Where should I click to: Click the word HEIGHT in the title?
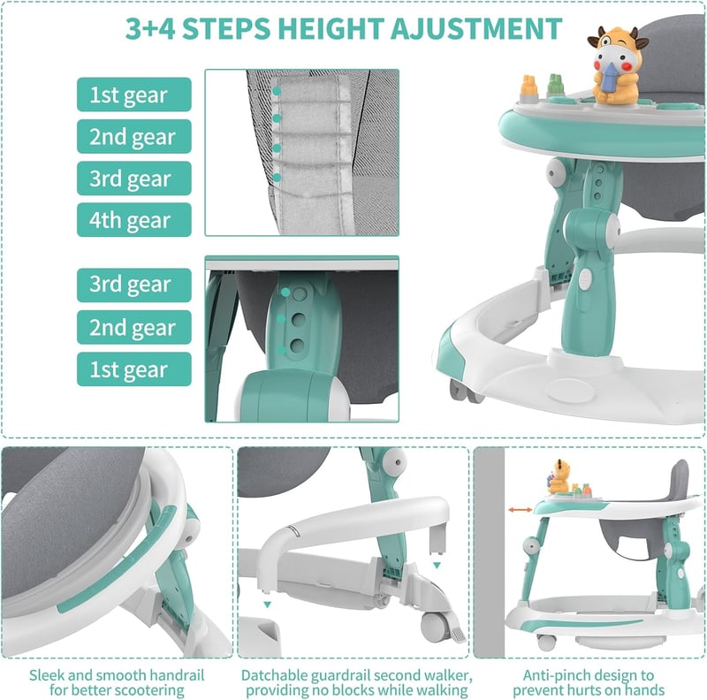pyautogui.click(x=331, y=29)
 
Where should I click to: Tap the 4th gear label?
pyautogui.click(x=134, y=220)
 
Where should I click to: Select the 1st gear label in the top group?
pyautogui.click(x=134, y=95)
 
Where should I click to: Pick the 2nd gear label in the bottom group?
pyautogui.click(x=134, y=327)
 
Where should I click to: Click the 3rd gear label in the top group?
pyautogui.click(x=134, y=179)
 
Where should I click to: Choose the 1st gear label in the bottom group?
pyautogui.click(x=134, y=369)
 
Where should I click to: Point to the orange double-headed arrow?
pyautogui.click(x=521, y=510)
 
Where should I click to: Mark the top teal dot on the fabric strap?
pyautogui.click(x=277, y=91)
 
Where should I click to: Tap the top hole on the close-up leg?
pyautogui.click(x=300, y=294)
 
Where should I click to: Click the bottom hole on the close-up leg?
pyautogui.click(x=297, y=346)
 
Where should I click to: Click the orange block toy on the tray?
pyautogui.click(x=529, y=88)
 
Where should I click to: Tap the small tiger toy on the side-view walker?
pyautogui.click(x=559, y=477)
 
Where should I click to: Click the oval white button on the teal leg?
pyautogui.click(x=585, y=278)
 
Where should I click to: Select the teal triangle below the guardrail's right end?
pyautogui.click(x=437, y=565)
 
